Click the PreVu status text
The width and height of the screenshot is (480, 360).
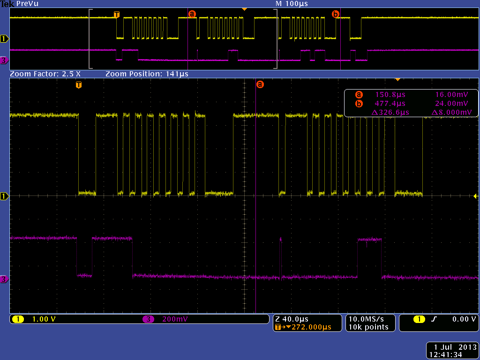pos(27,3)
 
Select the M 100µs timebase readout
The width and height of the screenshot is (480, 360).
pos(292,3)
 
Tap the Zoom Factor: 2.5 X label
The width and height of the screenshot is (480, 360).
pos(45,74)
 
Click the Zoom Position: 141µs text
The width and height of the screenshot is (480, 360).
pos(147,74)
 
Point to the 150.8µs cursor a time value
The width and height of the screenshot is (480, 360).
pos(390,94)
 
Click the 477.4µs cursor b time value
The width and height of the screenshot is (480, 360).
pos(390,103)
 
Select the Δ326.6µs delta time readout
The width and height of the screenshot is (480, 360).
pos(390,112)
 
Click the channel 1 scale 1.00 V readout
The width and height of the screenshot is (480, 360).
pos(44,319)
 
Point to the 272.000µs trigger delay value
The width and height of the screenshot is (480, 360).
pos(311,327)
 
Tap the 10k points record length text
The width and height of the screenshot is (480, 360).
pos(368,327)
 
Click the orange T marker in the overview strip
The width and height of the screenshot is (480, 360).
pos(117,15)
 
